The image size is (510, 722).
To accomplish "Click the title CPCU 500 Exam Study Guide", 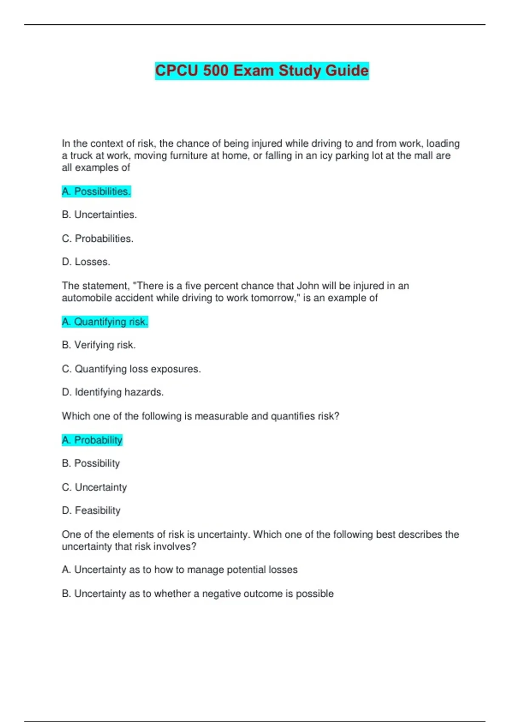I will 262,71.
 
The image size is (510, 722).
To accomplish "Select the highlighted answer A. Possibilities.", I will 96,192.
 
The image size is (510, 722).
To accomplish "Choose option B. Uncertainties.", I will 99,215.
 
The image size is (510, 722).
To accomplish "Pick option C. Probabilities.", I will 97,239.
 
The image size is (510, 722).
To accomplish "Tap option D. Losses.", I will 86,262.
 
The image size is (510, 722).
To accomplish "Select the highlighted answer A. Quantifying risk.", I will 105,322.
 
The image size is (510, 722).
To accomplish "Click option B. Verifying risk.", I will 99,345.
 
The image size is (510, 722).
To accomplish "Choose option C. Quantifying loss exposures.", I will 131,369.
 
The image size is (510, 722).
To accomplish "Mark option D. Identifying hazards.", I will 113,392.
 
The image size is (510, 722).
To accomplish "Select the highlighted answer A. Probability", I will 92,440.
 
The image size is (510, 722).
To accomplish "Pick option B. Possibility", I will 91,463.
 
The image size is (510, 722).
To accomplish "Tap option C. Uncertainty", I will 94,487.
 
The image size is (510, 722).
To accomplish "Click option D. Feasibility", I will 91,510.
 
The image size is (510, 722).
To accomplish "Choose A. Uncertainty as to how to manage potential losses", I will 179,570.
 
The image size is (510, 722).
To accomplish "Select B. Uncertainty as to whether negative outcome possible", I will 197,594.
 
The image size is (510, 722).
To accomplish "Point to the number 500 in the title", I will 216,71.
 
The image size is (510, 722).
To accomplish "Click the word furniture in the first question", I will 189,156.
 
